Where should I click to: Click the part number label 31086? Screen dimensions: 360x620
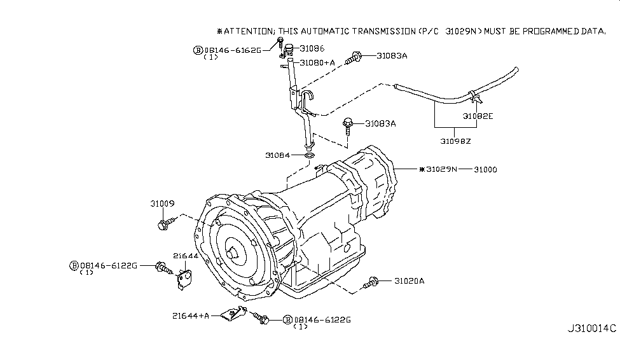[312, 48]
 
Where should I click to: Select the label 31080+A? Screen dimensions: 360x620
[317, 63]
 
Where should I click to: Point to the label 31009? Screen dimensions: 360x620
[162, 204]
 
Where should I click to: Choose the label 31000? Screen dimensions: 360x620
[484, 170]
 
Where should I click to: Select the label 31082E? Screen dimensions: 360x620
[478, 116]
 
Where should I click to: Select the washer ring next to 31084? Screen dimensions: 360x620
[309, 155]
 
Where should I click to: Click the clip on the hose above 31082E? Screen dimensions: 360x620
[474, 97]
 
